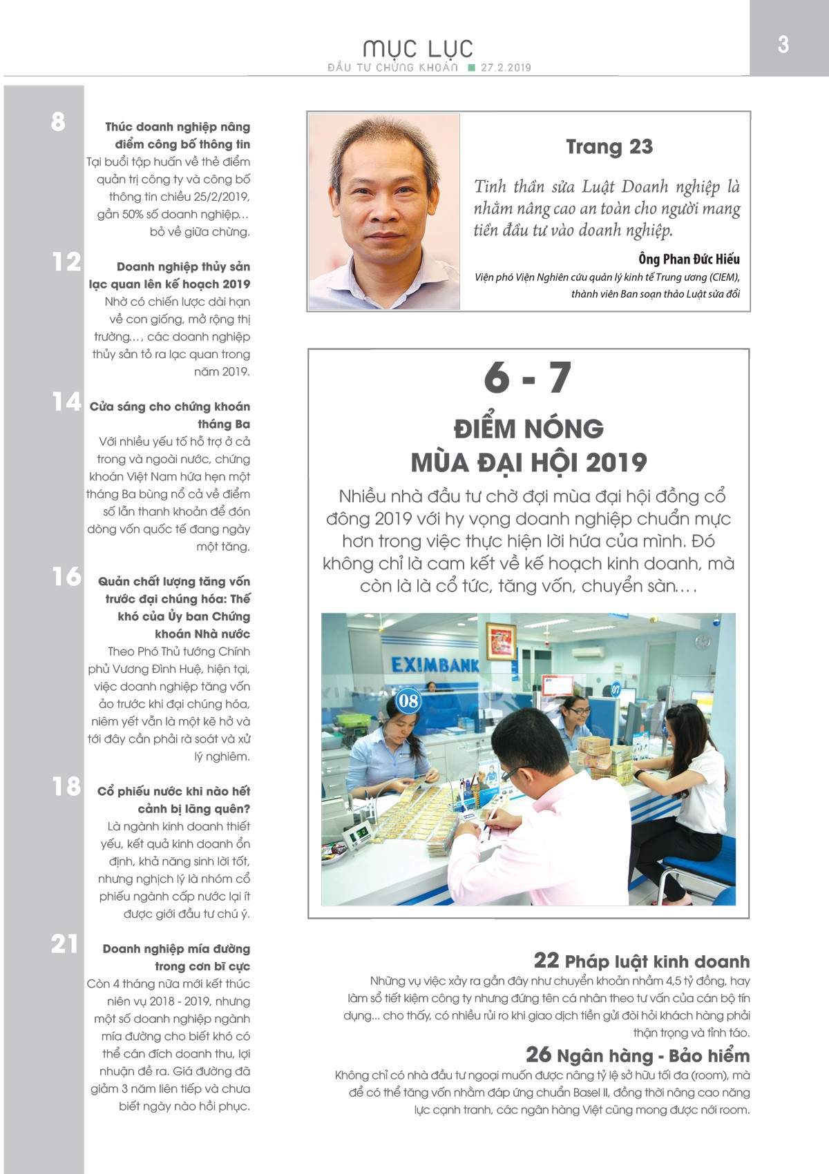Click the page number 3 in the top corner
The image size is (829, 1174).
click(783, 44)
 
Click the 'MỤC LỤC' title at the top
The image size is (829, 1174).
click(418, 48)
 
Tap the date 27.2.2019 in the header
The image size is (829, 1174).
click(506, 68)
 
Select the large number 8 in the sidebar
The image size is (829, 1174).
click(58, 122)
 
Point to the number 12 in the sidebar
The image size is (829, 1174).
click(66, 262)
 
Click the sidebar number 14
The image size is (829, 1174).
click(66, 402)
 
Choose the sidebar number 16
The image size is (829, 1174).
click(66, 576)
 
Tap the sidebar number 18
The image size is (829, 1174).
click(66, 786)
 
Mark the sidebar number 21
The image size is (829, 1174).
click(64, 943)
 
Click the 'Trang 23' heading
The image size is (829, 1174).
click(609, 146)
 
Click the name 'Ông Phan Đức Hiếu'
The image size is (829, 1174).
click(689, 260)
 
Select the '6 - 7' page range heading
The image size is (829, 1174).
click(528, 378)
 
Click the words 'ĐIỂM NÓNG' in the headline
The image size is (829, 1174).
click(528, 429)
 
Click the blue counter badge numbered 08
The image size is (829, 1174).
click(408, 701)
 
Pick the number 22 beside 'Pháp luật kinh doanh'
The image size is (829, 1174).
click(546, 960)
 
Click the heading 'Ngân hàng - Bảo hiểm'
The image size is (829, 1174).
click(653, 1055)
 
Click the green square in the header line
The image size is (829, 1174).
click(472, 68)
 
